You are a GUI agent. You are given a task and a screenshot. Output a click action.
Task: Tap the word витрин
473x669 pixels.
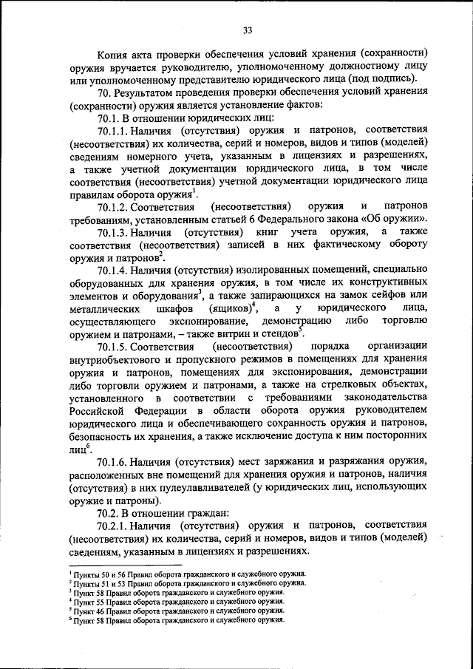(x=239, y=334)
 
